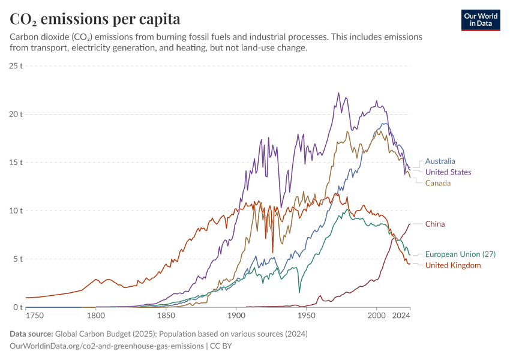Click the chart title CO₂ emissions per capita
click(x=95, y=19)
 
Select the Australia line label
click(x=440, y=161)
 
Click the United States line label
click(x=448, y=172)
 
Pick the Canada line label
click(x=438, y=183)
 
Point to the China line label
click(x=435, y=224)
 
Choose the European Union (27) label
click(x=460, y=254)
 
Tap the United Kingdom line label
click(x=453, y=265)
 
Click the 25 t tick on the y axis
click(x=16, y=65)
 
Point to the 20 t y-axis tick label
click(x=16, y=114)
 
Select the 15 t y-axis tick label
click(x=16, y=163)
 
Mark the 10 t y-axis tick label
click(x=16, y=211)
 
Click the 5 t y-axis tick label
click(x=17, y=259)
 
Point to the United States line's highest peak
click(x=338, y=93)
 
